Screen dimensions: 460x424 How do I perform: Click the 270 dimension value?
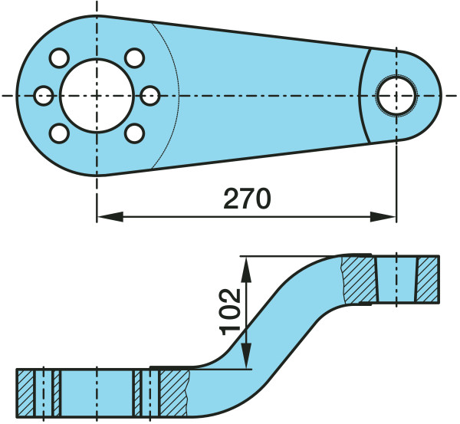pyautogui.click(x=247, y=199)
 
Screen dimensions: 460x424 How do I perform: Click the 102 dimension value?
pyautogui.click(x=230, y=311)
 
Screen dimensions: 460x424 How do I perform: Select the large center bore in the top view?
pyautogui.click(x=97, y=96)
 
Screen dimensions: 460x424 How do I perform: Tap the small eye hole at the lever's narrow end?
pyautogui.click(x=396, y=96)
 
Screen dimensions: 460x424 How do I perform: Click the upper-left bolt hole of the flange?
pyautogui.click(x=59, y=58)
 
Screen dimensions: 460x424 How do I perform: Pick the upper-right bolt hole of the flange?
pyautogui.click(x=135, y=58)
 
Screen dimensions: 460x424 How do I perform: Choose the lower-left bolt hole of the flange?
pyautogui.click(x=59, y=133)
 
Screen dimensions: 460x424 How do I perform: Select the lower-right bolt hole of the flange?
pyautogui.click(x=135, y=133)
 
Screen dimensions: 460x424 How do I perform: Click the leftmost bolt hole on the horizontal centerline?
pyautogui.click(x=44, y=96)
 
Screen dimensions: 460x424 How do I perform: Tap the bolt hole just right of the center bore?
pyautogui.click(x=150, y=96)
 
